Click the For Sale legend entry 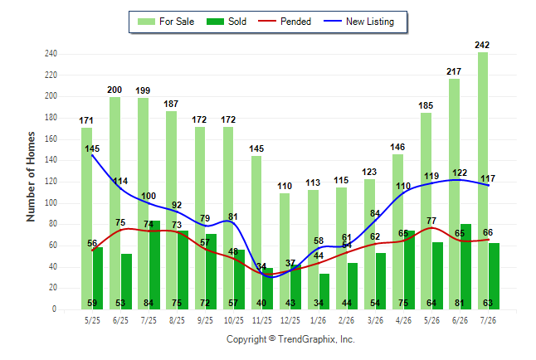[166, 22]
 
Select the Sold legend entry [227, 22]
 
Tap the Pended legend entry [285, 22]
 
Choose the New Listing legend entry [359, 22]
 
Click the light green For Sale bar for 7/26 [483, 181]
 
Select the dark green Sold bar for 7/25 [154, 265]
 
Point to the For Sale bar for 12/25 [285, 251]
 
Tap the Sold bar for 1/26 [324, 291]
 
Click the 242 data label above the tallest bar [482, 45]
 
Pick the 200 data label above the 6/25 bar [115, 90]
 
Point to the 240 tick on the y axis [51, 54]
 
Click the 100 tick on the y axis [51, 202]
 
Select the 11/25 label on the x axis [262, 320]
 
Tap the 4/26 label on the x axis [403, 320]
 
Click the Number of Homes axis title [31, 177]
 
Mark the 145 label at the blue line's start [92, 148]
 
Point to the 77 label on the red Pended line [431, 221]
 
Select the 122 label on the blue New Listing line [460, 173]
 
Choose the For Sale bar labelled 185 [426, 211]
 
